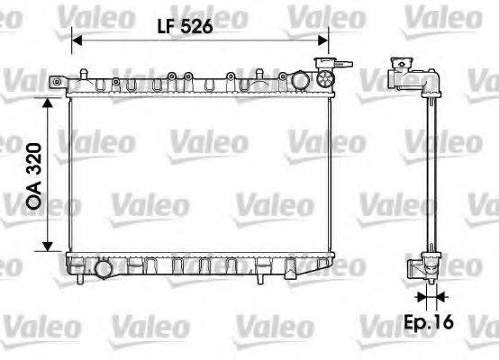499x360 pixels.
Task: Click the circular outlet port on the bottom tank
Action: click(104, 267)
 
